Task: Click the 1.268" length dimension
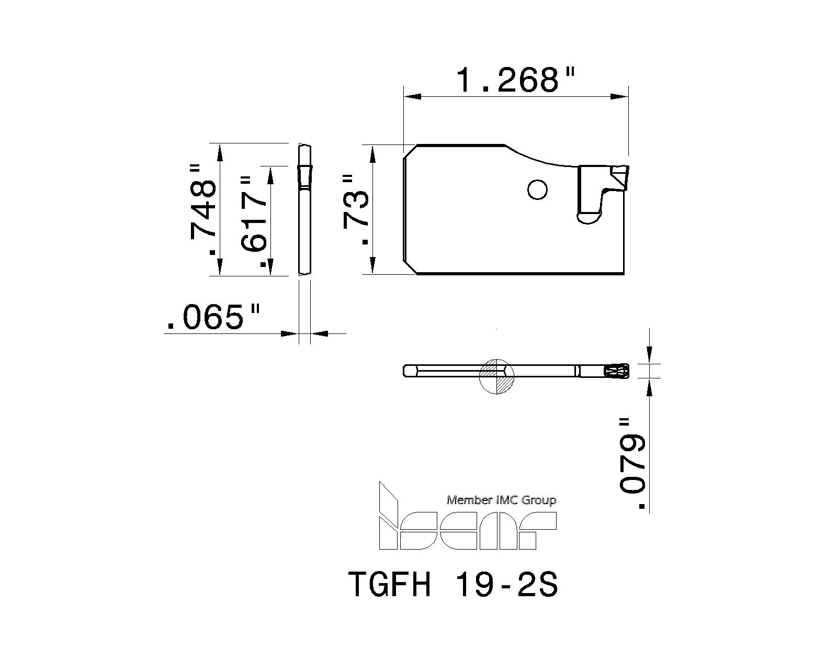coord(515,80)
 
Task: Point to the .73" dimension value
coord(357,210)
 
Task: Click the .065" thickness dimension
coord(212,317)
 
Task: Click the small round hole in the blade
coord(537,189)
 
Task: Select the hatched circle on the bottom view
coord(497,376)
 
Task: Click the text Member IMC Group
coord(501,500)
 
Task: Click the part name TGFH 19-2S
coord(453,585)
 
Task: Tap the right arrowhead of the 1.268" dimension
coord(619,97)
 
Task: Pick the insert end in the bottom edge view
coord(617,371)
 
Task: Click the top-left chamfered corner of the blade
coord(410,151)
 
